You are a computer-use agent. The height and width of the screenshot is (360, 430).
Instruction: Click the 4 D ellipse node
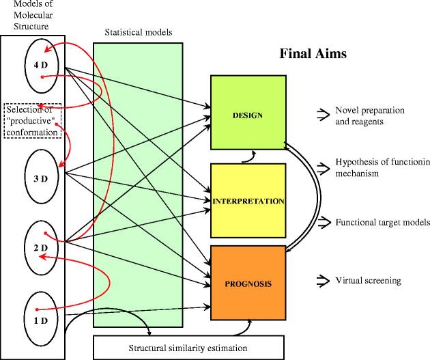pos(42,66)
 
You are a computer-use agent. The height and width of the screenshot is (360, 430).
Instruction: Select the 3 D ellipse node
pos(42,179)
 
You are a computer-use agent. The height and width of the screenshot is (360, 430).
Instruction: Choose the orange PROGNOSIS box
pos(248,280)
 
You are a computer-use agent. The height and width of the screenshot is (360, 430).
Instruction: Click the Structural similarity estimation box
pos(188,348)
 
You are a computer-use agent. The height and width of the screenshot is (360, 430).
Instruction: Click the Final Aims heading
pos(313,54)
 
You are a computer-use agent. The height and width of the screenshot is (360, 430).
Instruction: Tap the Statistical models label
pos(139,33)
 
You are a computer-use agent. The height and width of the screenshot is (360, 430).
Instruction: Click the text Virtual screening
pos(369,281)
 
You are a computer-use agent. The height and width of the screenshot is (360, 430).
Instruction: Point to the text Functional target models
pos(382,223)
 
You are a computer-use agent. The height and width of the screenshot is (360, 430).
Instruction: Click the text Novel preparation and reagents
pos(370,116)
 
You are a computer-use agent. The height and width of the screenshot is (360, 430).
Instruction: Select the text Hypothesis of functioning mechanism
pos(382,168)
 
